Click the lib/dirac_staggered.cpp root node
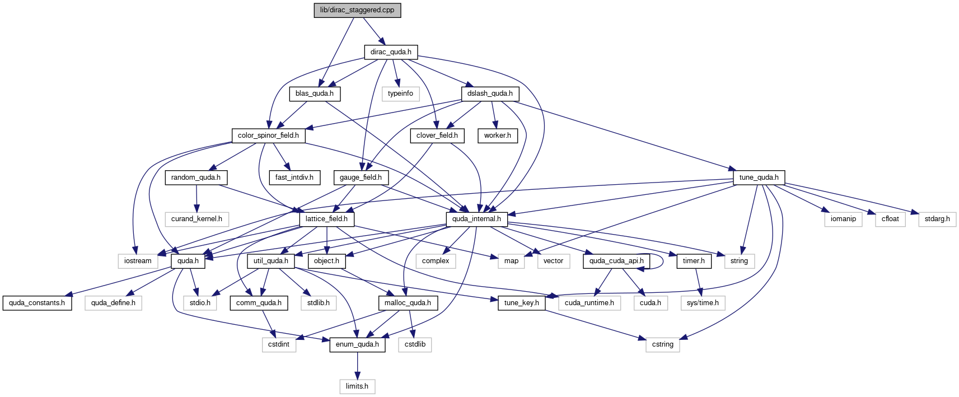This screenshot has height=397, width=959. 357,10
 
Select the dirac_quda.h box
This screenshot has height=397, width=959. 391,52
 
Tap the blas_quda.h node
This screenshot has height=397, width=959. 315,94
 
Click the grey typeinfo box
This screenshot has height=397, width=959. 400,94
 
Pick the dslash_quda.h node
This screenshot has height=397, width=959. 490,94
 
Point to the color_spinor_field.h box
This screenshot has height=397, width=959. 268,136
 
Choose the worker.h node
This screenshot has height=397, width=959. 498,136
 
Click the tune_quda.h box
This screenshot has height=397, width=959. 759,178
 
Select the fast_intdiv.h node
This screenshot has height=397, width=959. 294,178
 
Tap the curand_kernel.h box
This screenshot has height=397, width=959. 197,219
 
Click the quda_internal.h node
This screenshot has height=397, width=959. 476,219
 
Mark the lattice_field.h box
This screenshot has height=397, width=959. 326,219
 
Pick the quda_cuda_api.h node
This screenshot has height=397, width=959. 616,261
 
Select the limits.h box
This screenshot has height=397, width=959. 357,386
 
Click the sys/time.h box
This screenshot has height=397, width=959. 703,303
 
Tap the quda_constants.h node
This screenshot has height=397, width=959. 37,303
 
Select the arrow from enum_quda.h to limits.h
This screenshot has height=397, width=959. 358,366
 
